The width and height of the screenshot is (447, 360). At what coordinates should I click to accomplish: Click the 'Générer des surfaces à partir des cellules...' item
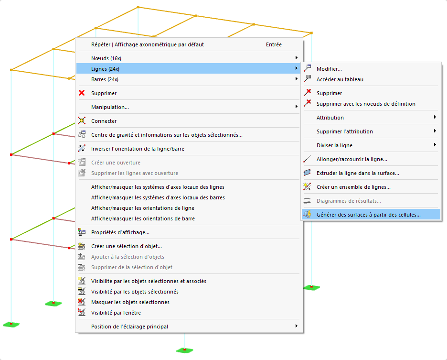[x=368, y=215]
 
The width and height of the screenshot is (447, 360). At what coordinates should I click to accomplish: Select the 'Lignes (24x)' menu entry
[x=105, y=69]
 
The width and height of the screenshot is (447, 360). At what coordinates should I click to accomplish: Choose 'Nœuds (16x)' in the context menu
[x=106, y=58]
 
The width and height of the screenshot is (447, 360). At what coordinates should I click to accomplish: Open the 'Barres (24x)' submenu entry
[x=105, y=79]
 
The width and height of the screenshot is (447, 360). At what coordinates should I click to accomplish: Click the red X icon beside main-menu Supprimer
[x=82, y=93]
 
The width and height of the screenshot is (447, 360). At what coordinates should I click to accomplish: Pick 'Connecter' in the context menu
[x=104, y=121]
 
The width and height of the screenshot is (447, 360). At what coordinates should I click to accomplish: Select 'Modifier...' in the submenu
[x=329, y=69]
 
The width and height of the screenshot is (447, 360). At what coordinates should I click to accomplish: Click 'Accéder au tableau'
[x=340, y=79]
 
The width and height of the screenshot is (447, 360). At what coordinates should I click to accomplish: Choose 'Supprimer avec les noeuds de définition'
[x=366, y=104]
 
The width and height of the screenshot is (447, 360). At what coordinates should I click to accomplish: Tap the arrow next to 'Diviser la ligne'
[x=435, y=145]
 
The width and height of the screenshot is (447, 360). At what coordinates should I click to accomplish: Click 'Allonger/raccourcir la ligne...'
[x=352, y=159]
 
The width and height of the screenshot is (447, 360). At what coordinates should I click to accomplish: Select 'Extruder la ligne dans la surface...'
[x=358, y=173]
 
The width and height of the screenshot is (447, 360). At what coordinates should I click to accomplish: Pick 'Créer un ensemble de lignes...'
[x=353, y=187]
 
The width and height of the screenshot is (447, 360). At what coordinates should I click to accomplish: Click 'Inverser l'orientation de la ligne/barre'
[x=138, y=149]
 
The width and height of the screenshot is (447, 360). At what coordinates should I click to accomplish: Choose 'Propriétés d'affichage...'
[x=120, y=232]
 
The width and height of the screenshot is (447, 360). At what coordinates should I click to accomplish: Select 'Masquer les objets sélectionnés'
[x=130, y=302]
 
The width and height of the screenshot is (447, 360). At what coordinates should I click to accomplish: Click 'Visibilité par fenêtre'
[x=116, y=313]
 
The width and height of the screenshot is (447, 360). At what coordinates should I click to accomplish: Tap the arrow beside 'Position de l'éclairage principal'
[x=297, y=326]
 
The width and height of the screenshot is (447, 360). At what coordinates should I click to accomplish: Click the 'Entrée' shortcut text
[x=274, y=44]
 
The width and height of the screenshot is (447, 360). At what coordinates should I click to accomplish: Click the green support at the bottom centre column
[x=184, y=350]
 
